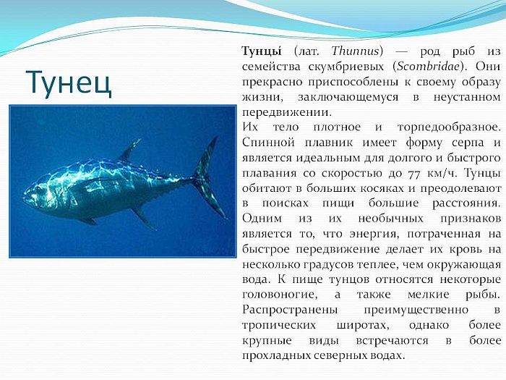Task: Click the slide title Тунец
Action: pyautogui.click(x=69, y=83)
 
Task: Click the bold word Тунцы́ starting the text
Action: pyautogui.click(x=262, y=51)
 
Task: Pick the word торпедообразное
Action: pyautogui.click(x=449, y=127)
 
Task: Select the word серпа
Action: pyautogui.click(x=468, y=143)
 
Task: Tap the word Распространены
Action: pyautogui.click(x=290, y=311)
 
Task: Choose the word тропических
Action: pyautogui.click(x=279, y=326)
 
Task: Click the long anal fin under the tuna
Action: pyautogui.click(x=144, y=218)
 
